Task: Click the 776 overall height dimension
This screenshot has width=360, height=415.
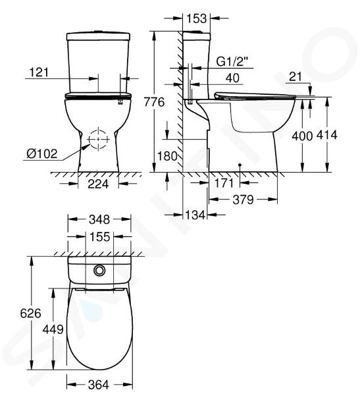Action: pyautogui.click(x=154, y=102)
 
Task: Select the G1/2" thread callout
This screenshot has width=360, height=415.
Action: pyautogui.click(x=232, y=62)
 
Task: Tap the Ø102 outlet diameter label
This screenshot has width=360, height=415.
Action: pyautogui.click(x=42, y=153)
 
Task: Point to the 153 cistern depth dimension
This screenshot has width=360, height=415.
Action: pyautogui.click(x=197, y=18)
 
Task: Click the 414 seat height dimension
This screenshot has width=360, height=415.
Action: pyautogui.click(x=327, y=135)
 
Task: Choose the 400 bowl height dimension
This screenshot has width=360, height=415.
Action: pyautogui.click(x=302, y=136)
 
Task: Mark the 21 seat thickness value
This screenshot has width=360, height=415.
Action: pyautogui.click(x=296, y=77)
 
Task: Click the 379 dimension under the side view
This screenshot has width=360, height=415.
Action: pyautogui.click(x=243, y=200)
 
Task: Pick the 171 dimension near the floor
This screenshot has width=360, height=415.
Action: pyautogui.click(x=224, y=183)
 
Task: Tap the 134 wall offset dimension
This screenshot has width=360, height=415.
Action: pyautogui.click(x=195, y=215)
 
